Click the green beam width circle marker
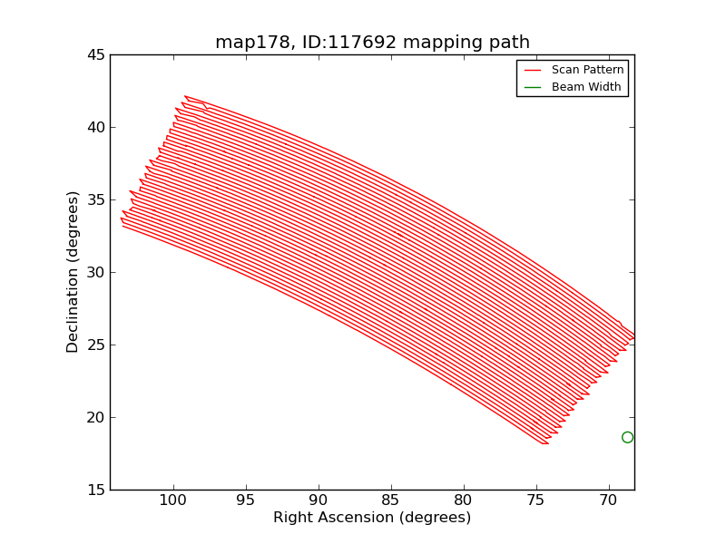(627, 437)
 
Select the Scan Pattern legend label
(587, 70)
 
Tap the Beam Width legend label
(586, 87)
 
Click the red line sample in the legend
(533, 70)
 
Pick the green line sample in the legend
(533, 87)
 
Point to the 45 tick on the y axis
(95, 55)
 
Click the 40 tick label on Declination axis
(95, 128)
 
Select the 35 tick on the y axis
(95, 200)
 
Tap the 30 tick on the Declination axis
(95, 273)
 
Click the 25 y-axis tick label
(95, 345)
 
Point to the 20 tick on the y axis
(95, 418)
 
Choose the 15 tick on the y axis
(95, 491)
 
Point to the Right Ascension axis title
(372, 518)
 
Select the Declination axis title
(74, 272)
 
